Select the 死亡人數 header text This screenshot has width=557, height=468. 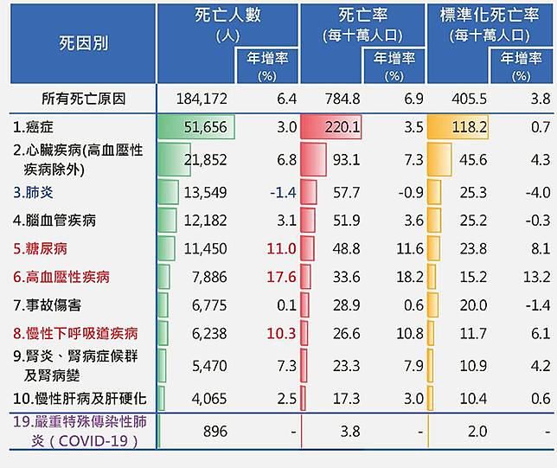228,16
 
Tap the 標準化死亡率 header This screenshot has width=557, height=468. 490,16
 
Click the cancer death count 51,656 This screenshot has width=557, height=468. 205,127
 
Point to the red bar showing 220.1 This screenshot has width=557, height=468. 330,127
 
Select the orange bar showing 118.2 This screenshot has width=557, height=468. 458,127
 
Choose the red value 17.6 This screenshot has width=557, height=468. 283,277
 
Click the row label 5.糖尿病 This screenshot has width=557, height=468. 41,248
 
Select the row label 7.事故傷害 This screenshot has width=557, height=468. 48,305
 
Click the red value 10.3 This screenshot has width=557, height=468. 283,333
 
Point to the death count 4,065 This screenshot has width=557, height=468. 208,399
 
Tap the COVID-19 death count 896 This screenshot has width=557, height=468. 214,431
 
